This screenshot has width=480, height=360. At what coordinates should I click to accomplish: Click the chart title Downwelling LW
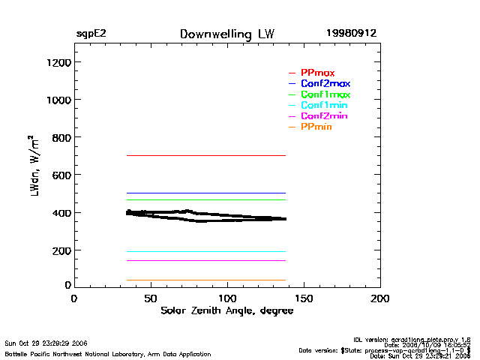(x=227, y=34)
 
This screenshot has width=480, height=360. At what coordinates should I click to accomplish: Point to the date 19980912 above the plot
(x=351, y=34)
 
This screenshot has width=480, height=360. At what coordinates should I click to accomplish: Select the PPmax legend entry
(x=317, y=73)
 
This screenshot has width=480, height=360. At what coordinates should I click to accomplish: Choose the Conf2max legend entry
(x=325, y=84)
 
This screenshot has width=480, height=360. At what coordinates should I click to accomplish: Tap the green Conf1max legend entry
(x=325, y=95)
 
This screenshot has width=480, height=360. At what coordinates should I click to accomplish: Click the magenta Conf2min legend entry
(x=324, y=117)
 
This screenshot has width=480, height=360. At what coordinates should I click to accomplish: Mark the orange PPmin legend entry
(x=316, y=127)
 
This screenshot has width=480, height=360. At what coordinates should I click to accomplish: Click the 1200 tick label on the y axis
(x=57, y=62)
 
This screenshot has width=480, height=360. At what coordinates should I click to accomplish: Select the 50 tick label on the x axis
(x=151, y=298)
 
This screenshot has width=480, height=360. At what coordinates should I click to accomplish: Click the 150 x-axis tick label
(x=304, y=298)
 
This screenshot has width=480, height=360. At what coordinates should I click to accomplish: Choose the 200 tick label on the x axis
(x=380, y=298)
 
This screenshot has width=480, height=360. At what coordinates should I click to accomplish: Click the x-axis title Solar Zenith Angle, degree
(x=227, y=310)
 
